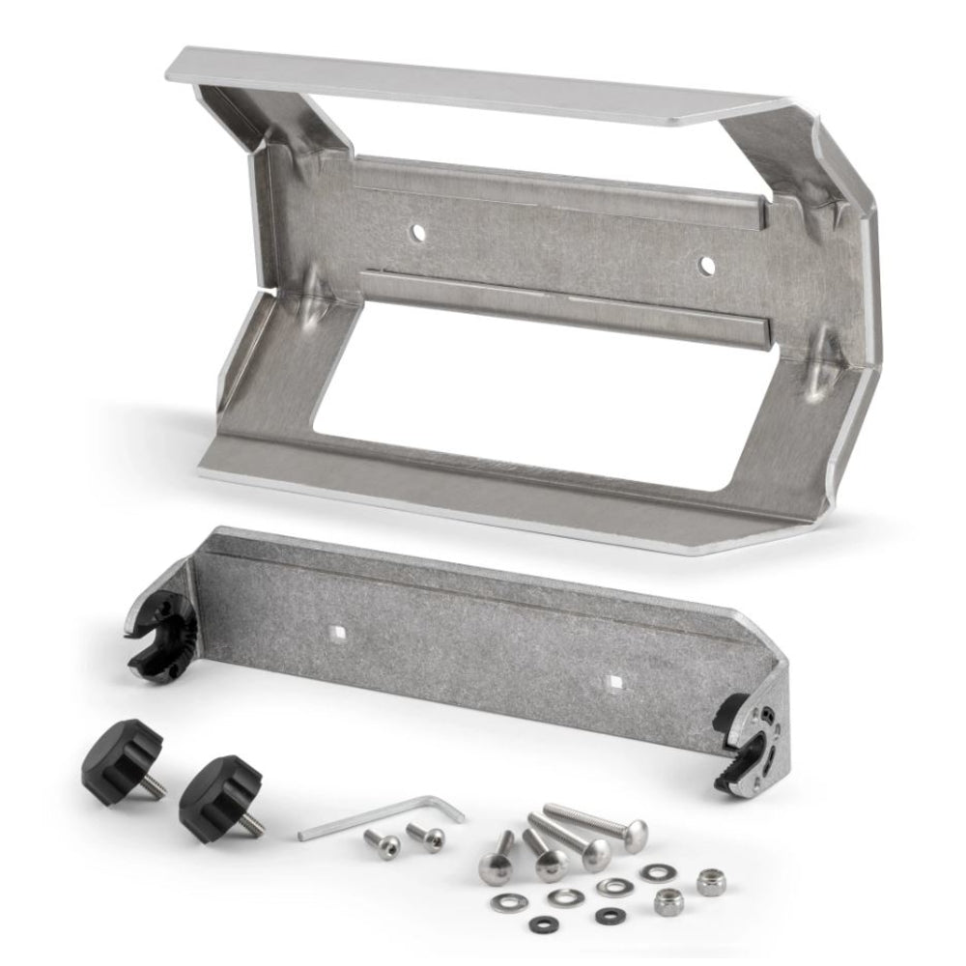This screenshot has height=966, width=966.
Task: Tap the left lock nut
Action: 668,901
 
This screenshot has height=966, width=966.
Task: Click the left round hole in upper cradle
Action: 417,232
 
